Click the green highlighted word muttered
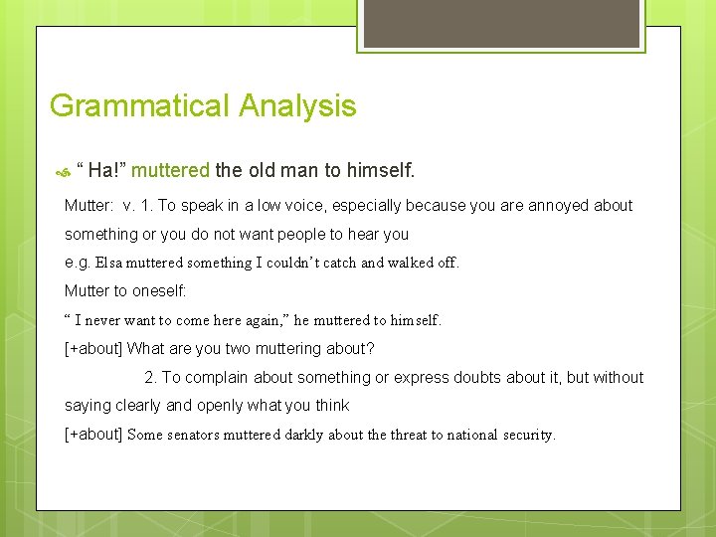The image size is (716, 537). [170, 170]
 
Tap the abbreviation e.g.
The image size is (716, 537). [77, 264]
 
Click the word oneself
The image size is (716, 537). [153, 291]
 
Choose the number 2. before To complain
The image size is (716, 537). [150, 378]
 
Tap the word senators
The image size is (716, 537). [203, 435]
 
